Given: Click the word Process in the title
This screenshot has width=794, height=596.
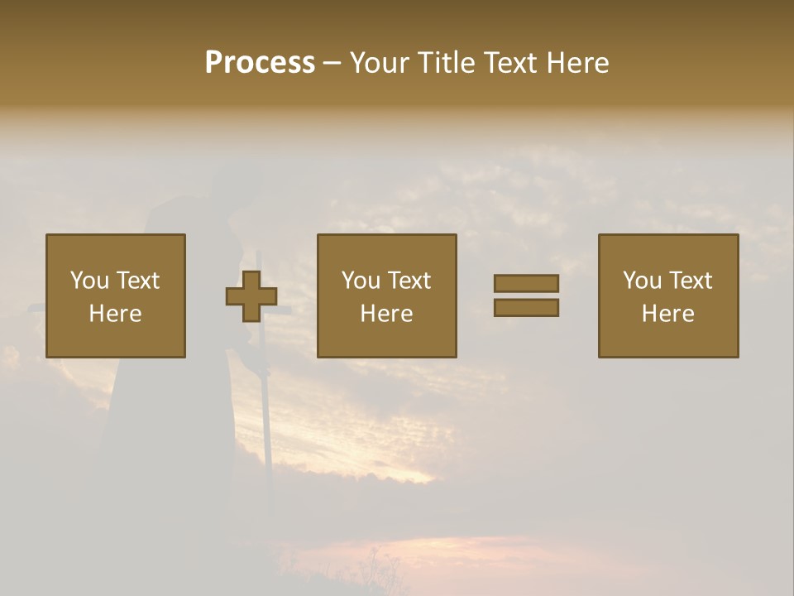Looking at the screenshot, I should click(x=260, y=63).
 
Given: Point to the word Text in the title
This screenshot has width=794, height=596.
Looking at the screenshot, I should click(x=518, y=63).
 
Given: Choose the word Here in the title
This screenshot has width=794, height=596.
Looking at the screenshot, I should click(x=582, y=63).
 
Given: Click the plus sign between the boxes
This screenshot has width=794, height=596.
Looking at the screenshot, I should click(x=251, y=296).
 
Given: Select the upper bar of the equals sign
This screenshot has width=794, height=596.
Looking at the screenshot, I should click(x=526, y=283).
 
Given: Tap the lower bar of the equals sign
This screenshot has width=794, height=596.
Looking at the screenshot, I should click(x=526, y=308).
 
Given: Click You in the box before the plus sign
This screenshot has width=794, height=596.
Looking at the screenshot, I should click(x=88, y=281).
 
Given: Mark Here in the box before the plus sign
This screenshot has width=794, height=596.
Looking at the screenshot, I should click(x=115, y=314).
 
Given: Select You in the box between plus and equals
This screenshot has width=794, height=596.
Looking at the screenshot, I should click(x=361, y=281).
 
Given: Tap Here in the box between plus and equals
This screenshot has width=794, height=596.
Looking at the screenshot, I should click(x=386, y=314).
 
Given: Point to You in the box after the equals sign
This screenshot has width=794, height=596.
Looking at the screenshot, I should click(x=642, y=281).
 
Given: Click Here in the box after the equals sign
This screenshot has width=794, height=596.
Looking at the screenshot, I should click(x=667, y=314).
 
